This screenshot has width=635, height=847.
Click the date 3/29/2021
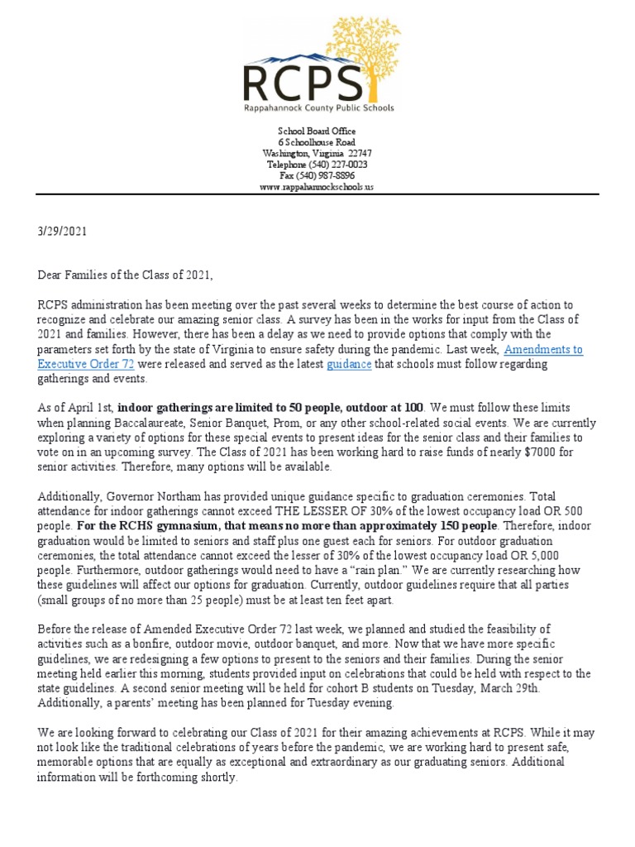click(61, 232)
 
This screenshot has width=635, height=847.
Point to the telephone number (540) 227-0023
click(332, 165)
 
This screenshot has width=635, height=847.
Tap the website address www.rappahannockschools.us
click(317, 187)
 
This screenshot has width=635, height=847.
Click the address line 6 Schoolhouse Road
click(317, 142)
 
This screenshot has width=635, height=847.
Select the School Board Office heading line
click(317, 132)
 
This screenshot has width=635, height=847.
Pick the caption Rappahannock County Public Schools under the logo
click(317, 108)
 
